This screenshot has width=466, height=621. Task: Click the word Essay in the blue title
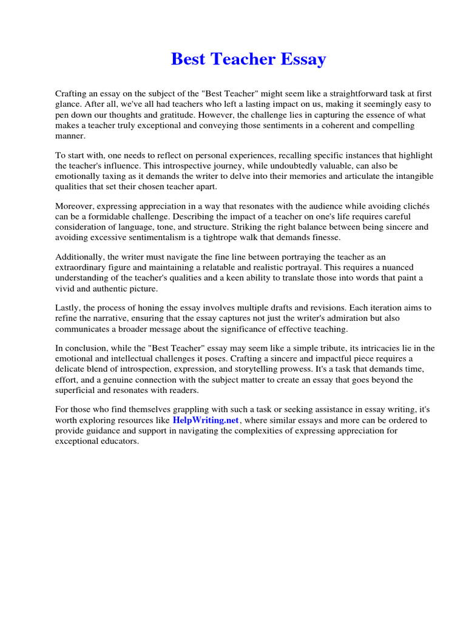(x=303, y=59)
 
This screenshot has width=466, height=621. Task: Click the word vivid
(x=66, y=288)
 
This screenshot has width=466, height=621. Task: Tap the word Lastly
(x=69, y=308)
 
